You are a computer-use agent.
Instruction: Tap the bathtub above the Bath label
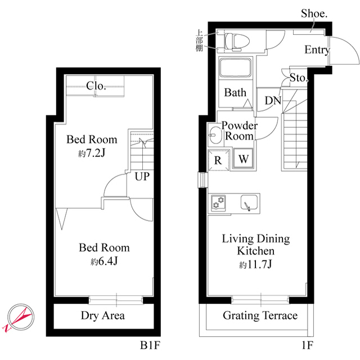click(x=235, y=67)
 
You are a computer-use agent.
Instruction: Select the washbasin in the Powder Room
click(x=215, y=135)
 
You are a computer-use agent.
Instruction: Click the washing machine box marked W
click(x=243, y=159)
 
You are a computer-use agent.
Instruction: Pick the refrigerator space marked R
click(x=218, y=160)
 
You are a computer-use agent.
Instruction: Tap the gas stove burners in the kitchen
click(x=218, y=203)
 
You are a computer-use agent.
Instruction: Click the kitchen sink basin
click(x=249, y=202)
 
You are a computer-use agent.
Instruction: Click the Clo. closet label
click(x=96, y=86)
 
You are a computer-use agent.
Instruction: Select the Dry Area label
click(x=103, y=316)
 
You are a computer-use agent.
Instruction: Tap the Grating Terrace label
click(x=260, y=316)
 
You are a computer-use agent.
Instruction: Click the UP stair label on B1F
click(x=142, y=177)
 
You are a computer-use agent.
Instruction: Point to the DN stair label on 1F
click(x=273, y=100)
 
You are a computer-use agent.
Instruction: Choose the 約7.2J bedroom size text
click(x=92, y=153)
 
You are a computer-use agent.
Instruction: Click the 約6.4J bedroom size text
click(x=104, y=261)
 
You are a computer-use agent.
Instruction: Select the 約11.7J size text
click(x=255, y=264)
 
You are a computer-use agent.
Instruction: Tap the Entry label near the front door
click(x=317, y=50)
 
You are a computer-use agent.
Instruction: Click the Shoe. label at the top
click(x=314, y=13)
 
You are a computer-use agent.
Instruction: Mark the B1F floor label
click(x=150, y=345)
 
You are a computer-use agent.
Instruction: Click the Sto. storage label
click(x=299, y=78)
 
